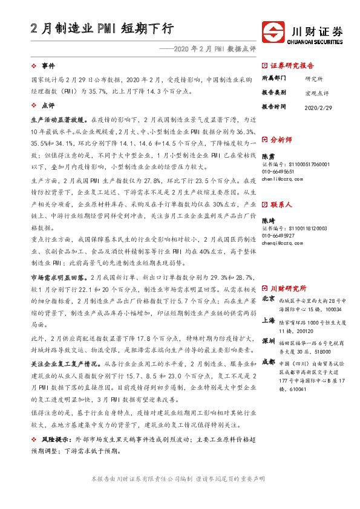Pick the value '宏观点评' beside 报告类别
point(317,92)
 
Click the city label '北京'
point(269,299)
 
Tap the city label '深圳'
point(269,342)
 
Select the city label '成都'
point(269,363)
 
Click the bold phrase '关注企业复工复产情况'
point(66,365)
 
